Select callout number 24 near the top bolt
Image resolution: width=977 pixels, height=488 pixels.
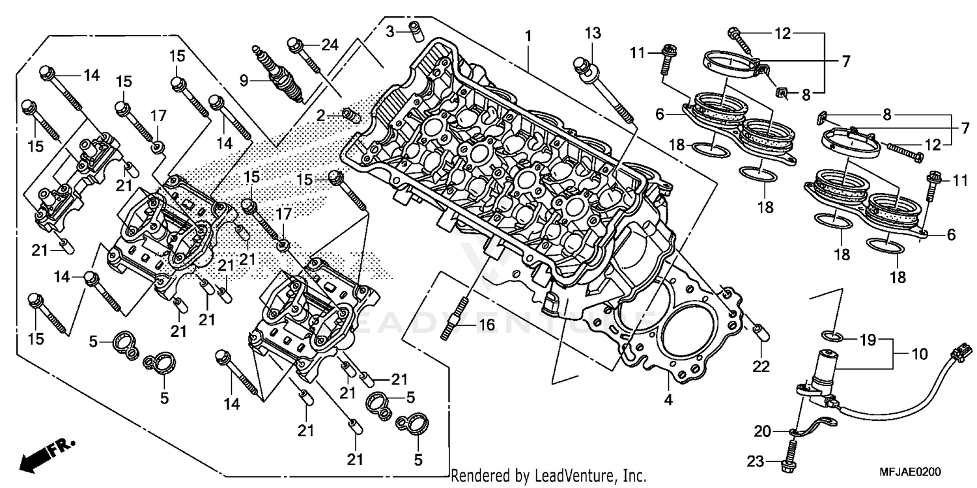point(330,45)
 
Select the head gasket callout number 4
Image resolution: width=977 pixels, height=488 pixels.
point(668,400)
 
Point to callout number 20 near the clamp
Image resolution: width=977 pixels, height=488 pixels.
point(761,430)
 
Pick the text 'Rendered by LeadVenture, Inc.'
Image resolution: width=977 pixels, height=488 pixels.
point(548,476)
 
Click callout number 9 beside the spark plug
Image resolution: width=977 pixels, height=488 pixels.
point(244,80)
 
